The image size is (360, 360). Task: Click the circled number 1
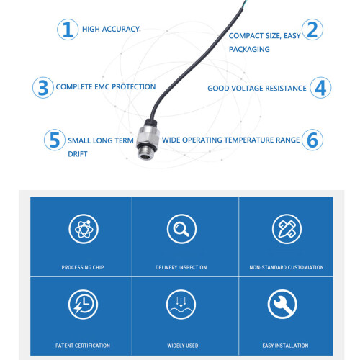(x=68, y=30)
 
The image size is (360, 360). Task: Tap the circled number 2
(x=312, y=30)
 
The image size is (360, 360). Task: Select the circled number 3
(x=43, y=88)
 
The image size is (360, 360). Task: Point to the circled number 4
(x=320, y=88)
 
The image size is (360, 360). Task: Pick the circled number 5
(x=55, y=140)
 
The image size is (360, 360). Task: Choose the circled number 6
(x=312, y=140)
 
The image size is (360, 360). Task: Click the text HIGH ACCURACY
(x=111, y=29)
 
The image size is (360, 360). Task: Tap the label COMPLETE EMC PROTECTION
(x=106, y=86)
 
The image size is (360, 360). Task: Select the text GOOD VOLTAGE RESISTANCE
(x=257, y=89)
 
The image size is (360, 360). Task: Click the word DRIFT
(x=78, y=154)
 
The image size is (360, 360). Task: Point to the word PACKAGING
(x=249, y=49)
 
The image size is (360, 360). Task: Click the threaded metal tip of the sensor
(x=145, y=154)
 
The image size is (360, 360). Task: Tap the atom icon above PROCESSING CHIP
(x=84, y=229)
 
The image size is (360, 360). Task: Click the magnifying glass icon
(x=181, y=229)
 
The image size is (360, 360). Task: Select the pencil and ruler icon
(x=287, y=229)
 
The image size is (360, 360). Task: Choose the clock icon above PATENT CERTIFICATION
(x=83, y=305)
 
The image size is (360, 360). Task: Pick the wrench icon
(x=282, y=305)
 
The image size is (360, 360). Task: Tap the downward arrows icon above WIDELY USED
(x=181, y=305)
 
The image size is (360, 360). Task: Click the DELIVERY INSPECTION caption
(x=181, y=267)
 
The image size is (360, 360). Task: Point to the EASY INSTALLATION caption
(x=285, y=346)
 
